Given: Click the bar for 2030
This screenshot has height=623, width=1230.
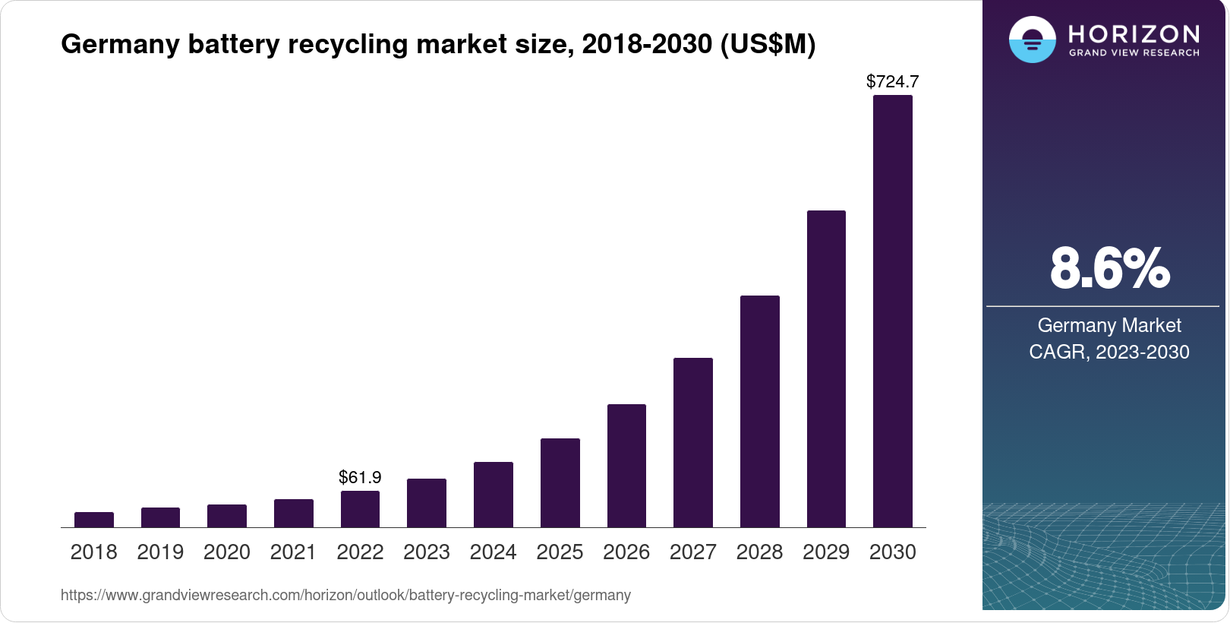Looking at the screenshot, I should click(893, 311).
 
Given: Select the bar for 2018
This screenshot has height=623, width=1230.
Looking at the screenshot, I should click(94, 520).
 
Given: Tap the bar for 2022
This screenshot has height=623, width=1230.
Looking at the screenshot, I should click(360, 509).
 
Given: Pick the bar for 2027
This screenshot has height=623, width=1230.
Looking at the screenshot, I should click(693, 442).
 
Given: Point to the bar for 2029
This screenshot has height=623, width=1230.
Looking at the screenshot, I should click(826, 368).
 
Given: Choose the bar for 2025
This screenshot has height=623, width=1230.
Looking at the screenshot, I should click(560, 482).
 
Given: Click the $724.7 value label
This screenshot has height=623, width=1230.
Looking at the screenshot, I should click(893, 81).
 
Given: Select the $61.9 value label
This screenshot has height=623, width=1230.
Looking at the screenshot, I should click(360, 477).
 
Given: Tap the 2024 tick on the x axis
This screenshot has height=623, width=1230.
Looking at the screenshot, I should click(494, 552).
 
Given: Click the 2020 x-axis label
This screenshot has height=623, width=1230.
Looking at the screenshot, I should click(227, 552).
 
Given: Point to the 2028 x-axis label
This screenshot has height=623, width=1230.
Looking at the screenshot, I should click(759, 552).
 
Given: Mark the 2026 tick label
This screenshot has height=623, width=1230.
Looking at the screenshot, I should click(626, 552).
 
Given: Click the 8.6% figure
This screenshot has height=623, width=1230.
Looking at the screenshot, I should click(1109, 268).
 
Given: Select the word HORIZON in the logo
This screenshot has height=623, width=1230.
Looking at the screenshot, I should click(1134, 34).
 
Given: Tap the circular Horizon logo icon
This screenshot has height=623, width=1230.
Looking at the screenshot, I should click(1032, 40).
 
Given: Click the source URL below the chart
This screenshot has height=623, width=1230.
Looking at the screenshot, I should click(345, 595).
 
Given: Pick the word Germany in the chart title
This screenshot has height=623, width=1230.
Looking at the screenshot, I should click(120, 44).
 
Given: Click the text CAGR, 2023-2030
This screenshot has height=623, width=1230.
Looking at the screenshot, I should click(1109, 352).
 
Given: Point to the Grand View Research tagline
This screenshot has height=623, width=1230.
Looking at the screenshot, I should click(1134, 53).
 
